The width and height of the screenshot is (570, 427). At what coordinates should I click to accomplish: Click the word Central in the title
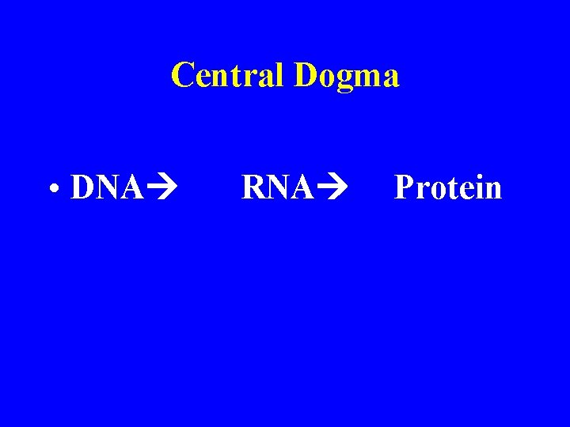(229, 75)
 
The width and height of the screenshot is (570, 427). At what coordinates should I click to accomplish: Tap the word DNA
(107, 188)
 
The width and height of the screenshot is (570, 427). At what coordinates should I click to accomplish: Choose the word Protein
(448, 188)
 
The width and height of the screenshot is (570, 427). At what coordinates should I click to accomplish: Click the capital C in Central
(183, 75)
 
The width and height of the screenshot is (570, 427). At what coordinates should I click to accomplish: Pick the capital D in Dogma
(306, 75)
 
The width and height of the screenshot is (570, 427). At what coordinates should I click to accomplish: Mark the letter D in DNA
(82, 188)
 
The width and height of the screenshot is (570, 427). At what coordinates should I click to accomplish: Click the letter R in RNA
(253, 188)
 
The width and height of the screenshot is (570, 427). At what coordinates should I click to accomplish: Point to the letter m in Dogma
(367, 77)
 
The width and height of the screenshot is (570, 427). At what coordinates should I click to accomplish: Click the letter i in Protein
(476, 187)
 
